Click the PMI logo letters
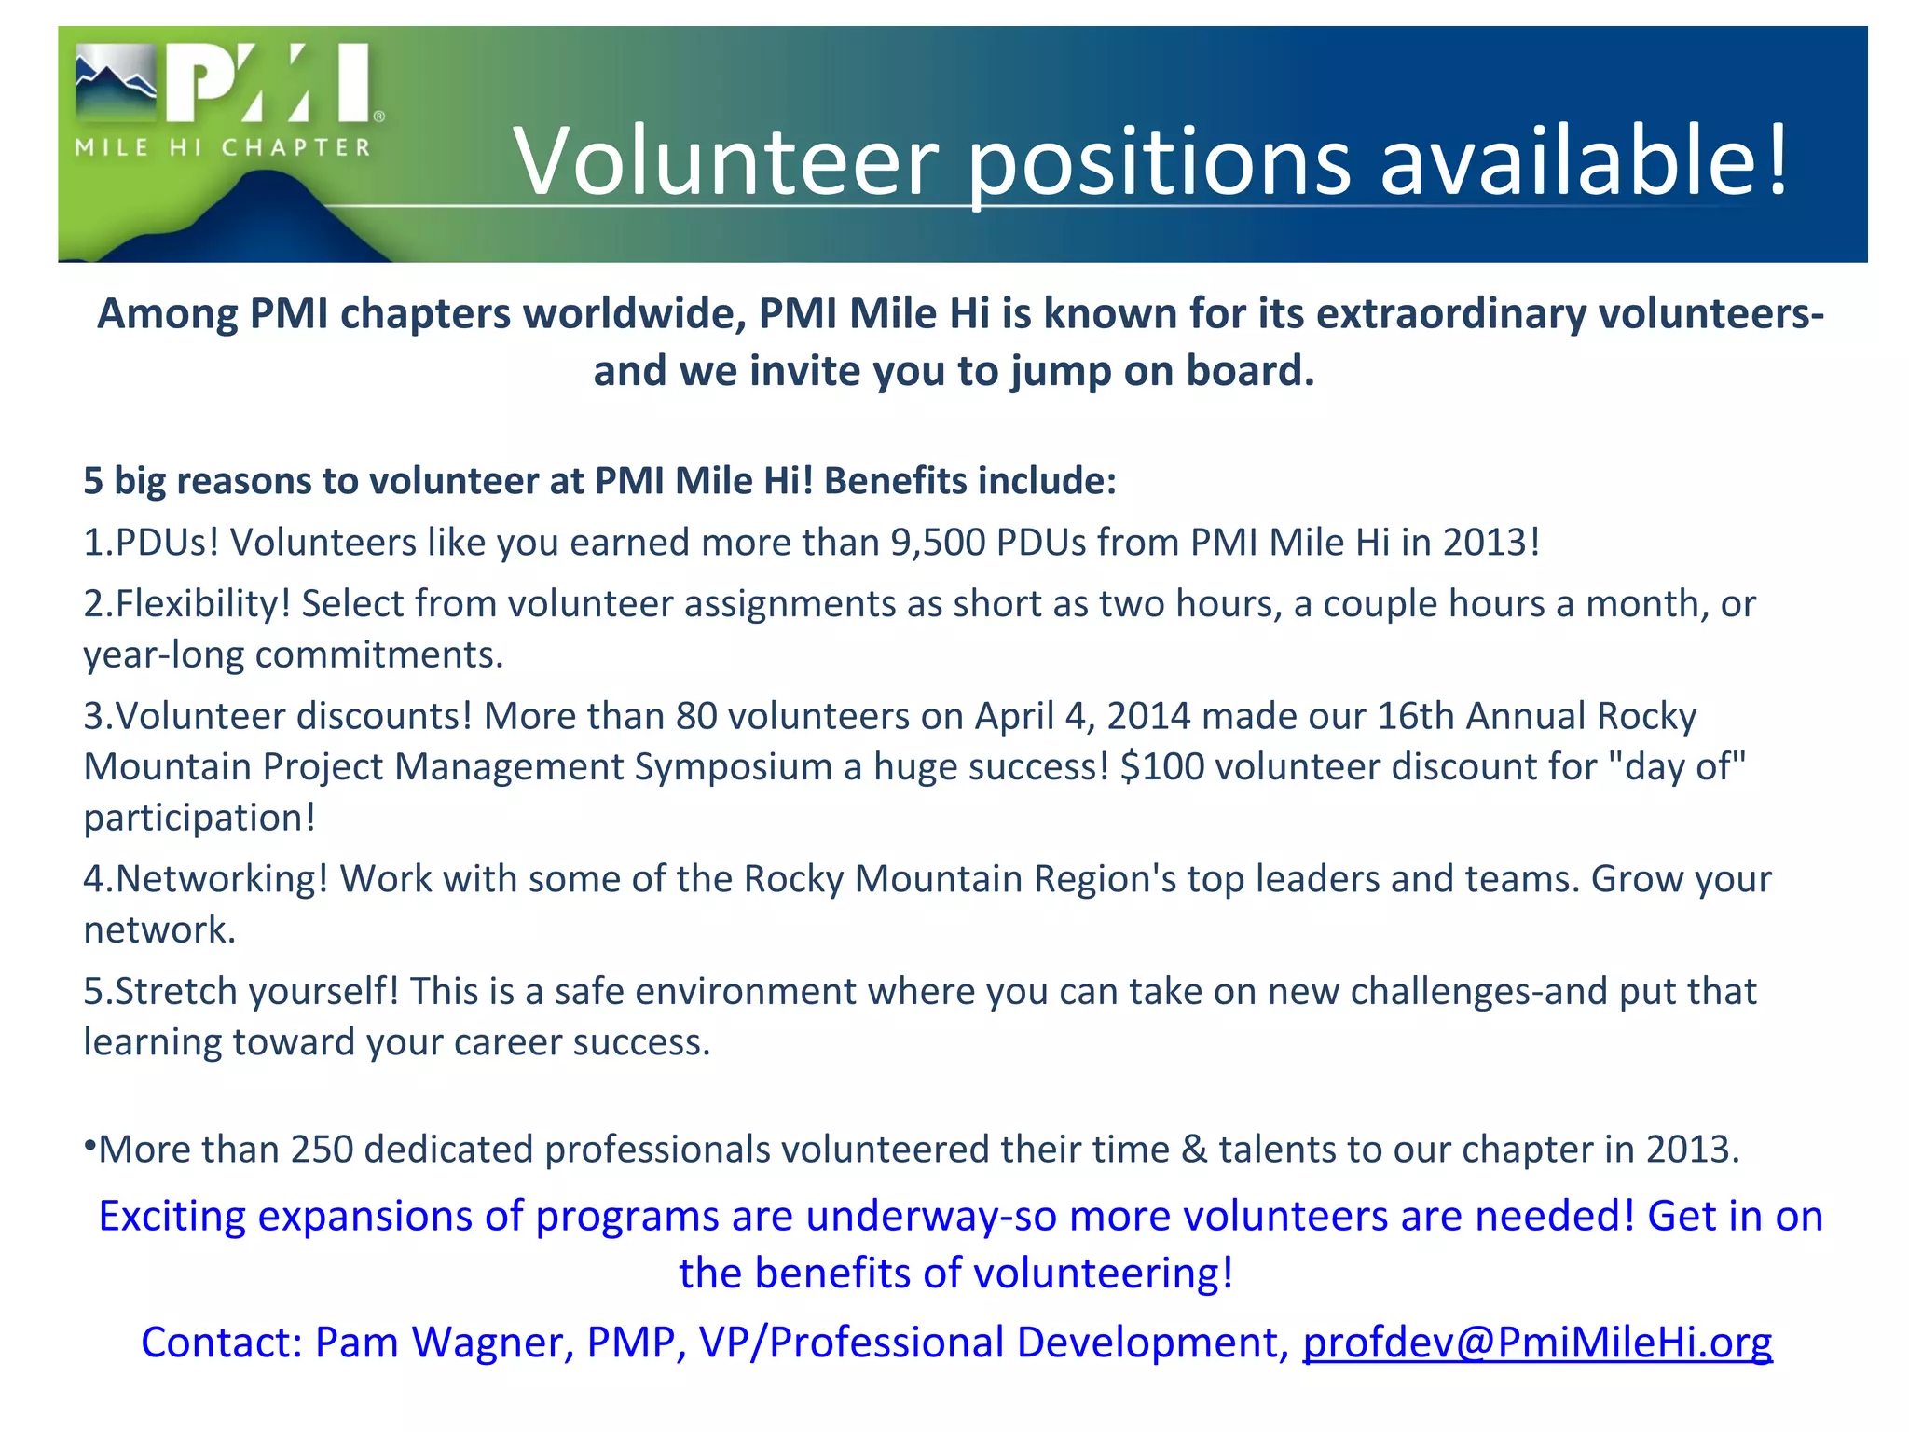coord(270,84)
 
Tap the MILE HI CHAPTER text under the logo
coord(223,147)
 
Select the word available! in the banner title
coord(1584,160)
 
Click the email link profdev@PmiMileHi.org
coord(1537,1342)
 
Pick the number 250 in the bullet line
coord(322,1150)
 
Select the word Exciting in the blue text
coord(172,1217)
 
